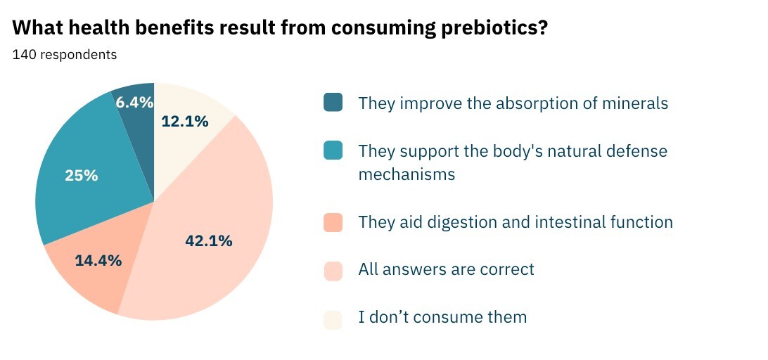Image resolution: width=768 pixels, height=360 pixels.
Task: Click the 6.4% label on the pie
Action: click(x=134, y=103)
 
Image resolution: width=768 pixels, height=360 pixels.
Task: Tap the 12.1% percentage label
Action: click(x=185, y=121)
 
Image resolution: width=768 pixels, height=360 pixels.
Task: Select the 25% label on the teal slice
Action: click(x=82, y=176)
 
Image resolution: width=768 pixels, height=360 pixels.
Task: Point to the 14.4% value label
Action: click(x=98, y=260)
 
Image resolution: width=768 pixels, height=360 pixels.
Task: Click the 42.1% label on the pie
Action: click(x=209, y=241)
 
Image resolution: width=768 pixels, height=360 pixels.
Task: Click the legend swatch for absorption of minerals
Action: click(x=333, y=103)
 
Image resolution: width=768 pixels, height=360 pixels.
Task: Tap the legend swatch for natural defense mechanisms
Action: click(x=333, y=150)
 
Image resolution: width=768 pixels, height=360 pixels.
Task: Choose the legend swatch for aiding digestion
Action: click(x=333, y=222)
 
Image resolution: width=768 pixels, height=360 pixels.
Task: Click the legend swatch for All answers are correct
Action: click(x=333, y=269)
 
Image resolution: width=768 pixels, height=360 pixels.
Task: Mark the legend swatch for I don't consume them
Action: click(x=333, y=317)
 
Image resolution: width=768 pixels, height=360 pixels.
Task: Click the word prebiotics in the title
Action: click(x=488, y=28)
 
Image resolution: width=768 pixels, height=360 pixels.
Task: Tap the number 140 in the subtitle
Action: click(x=24, y=54)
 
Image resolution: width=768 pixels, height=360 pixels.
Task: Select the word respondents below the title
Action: click(x=78, y=54)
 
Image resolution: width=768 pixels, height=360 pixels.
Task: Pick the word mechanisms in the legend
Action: click(x=407, y=174)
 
